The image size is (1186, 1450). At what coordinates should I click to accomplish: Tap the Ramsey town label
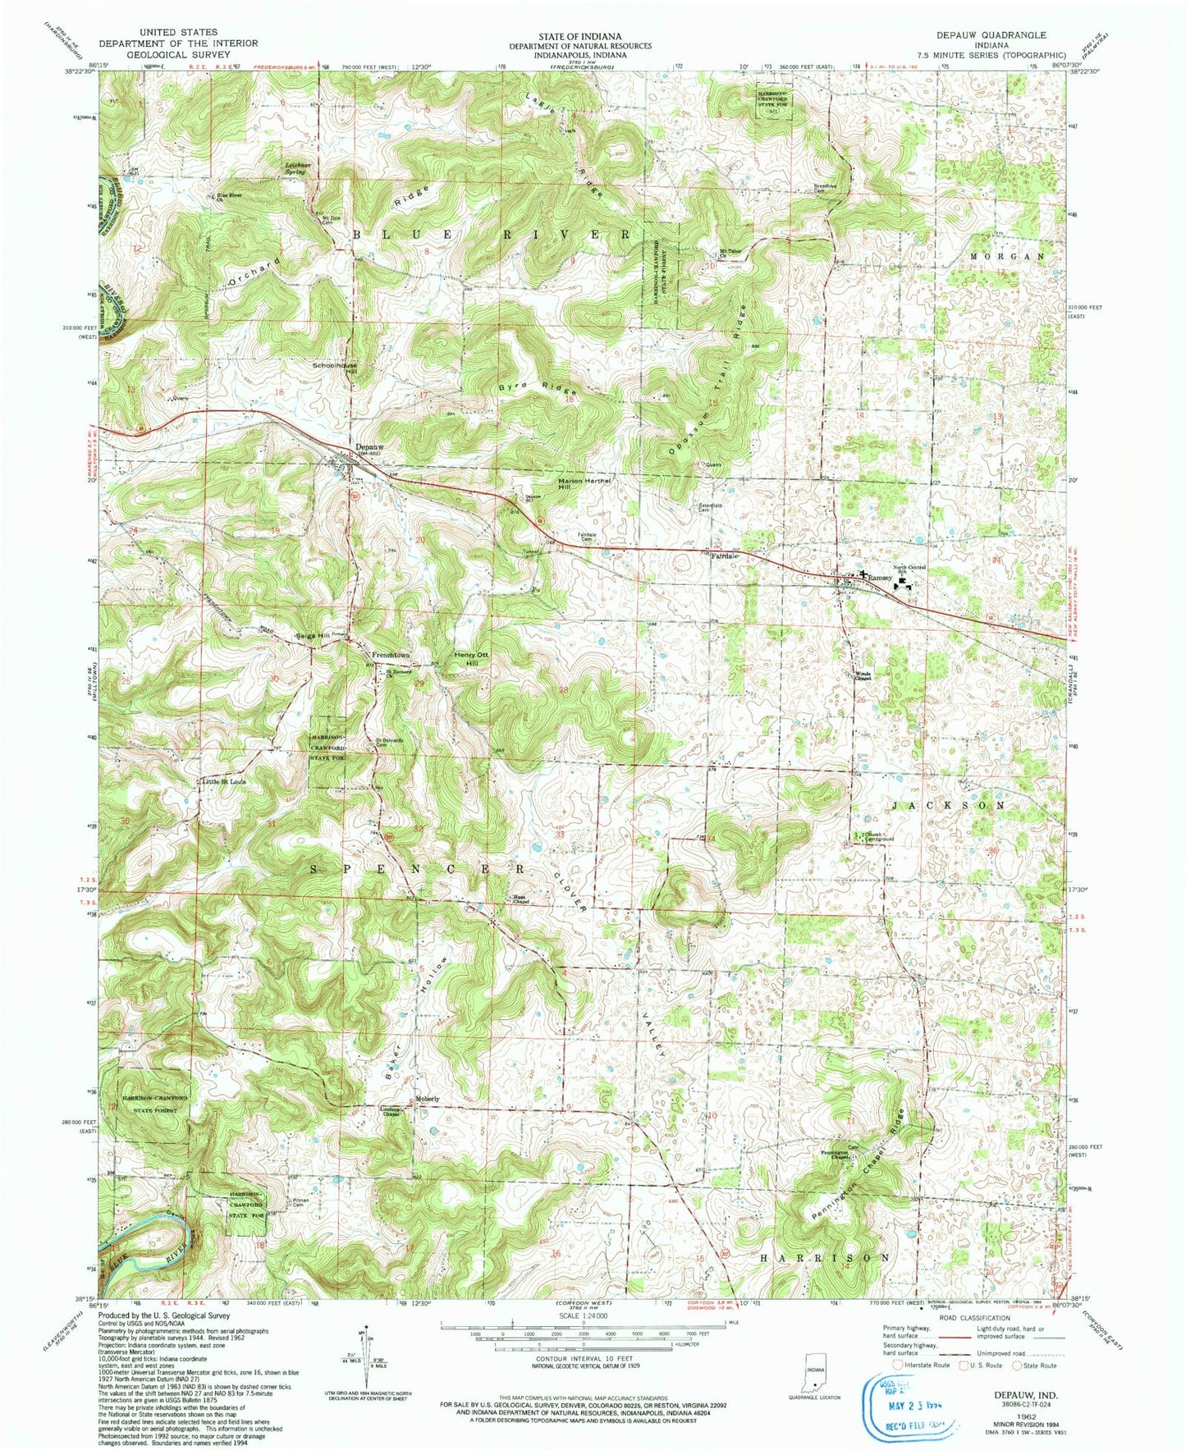tap(881, 578)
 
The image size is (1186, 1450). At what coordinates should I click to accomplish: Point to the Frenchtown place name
tap(391, 656)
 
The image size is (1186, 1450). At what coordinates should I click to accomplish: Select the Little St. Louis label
tap(222, 782)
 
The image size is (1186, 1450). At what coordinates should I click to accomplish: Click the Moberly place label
tap(428, 1099)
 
